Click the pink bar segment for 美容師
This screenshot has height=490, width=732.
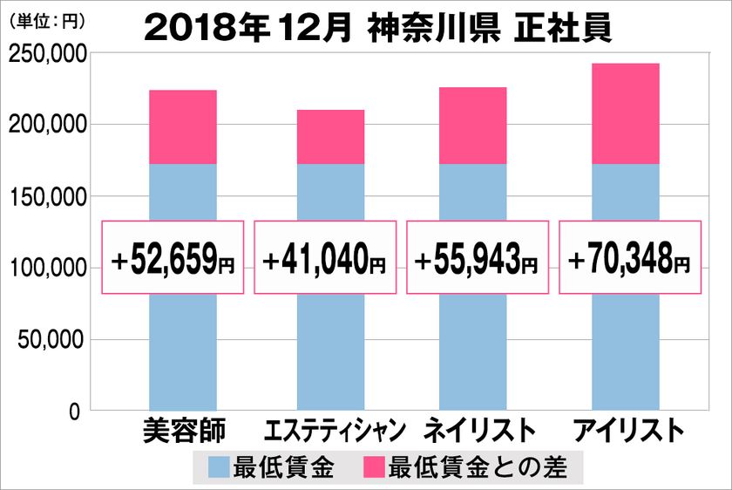point(183,127)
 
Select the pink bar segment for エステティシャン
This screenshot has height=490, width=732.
point(330,137)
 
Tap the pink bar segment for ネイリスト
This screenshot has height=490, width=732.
point(478,126)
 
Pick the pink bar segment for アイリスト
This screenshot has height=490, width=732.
point(625,113)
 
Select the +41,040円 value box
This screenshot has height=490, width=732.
point(325,257)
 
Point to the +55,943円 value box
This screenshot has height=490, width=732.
point(478,257)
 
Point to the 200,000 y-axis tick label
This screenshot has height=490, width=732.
point(46,126)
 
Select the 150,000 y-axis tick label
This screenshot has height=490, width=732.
point(46,198)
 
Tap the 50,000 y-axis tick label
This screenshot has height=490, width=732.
point(51,340)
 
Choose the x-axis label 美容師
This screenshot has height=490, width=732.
point(183,430)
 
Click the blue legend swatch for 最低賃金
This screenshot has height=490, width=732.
point(219,467)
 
